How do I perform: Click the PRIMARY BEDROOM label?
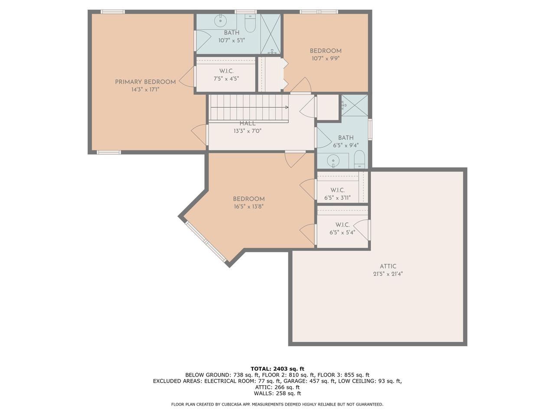click(x=145, y=82)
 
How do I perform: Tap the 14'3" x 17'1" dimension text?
click(x=145, y=90)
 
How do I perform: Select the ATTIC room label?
click(x=388, y=266)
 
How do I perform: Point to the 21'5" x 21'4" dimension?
click(x=388, y=274)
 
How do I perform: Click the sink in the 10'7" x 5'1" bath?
click(x=221, y=20)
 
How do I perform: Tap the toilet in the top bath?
click(x=250, y=24)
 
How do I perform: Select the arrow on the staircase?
click(x=287, y=107)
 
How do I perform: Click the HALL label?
click(x=248, y=123)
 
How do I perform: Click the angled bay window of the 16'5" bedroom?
click(x=206, y=243)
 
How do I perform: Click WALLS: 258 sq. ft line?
click(x=277, y=393)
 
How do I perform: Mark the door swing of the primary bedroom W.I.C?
click(x=188, y=78)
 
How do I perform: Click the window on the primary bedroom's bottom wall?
click(x=108, y=152)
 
